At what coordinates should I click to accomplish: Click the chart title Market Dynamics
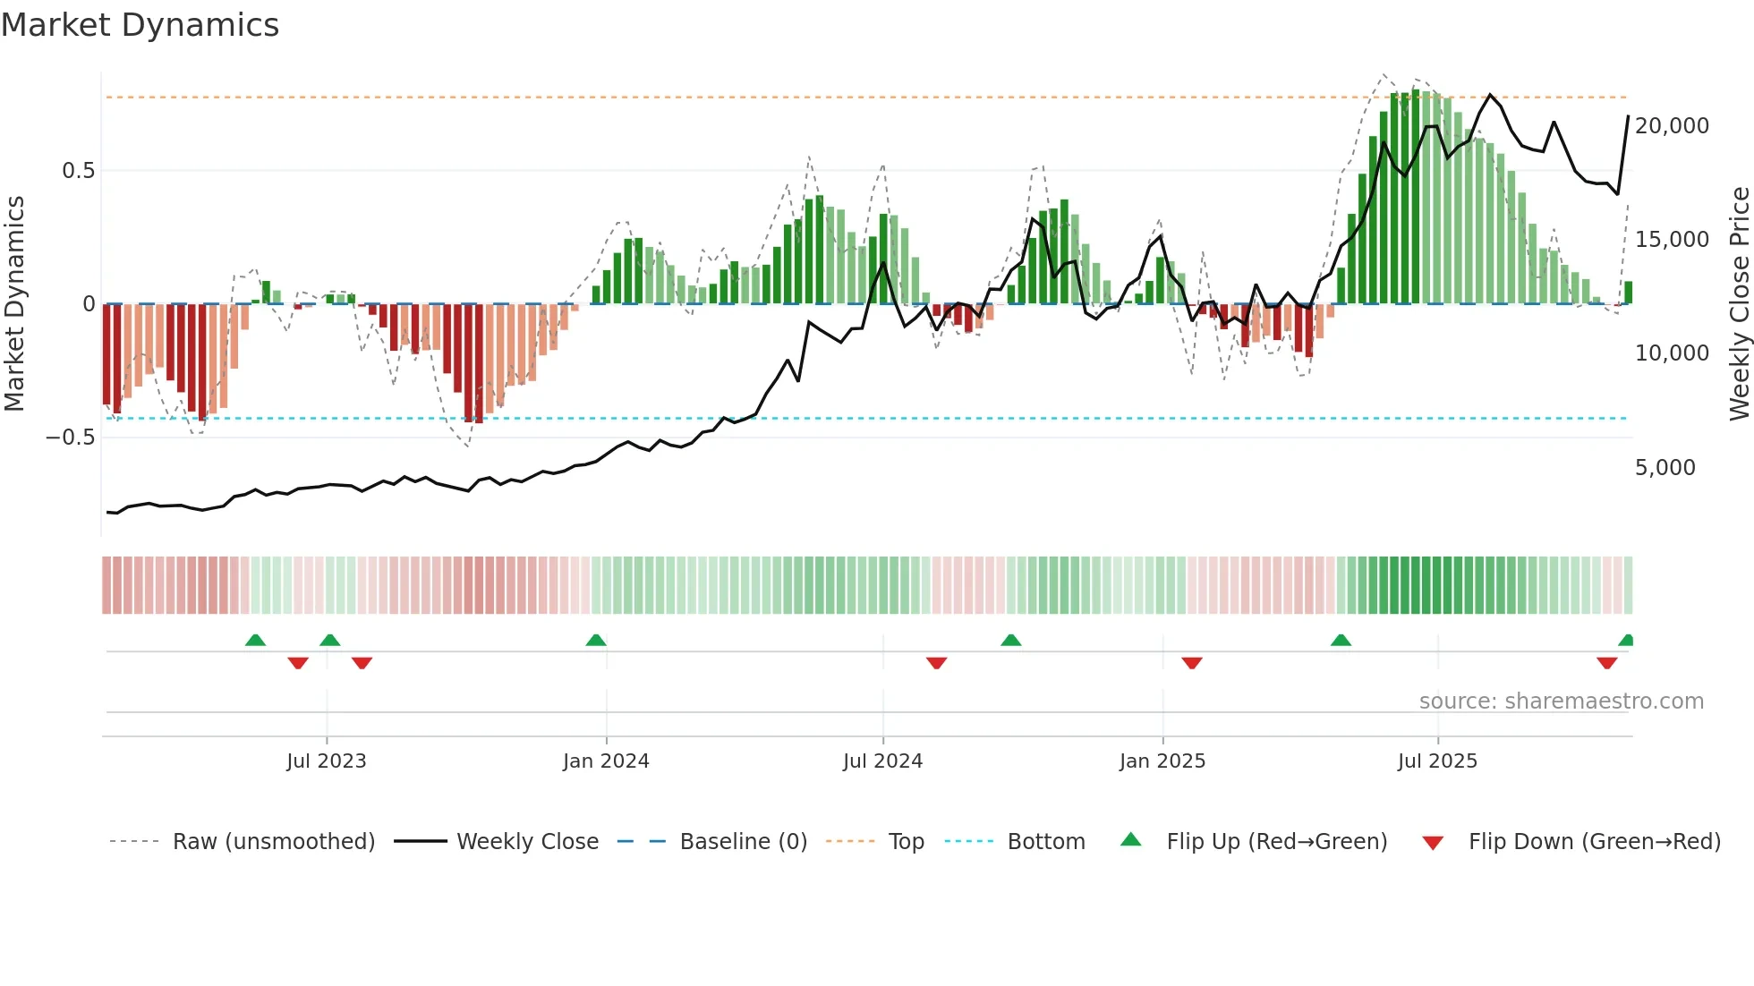pyautogui.click(x=140, y=25)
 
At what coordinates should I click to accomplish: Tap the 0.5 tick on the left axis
pyautogui.click(x=78, y=170)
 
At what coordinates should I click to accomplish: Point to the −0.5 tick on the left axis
pyautogui.click(x=70, y=437)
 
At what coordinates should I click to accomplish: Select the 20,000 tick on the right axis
pyautogui.click(x=1672, y=125)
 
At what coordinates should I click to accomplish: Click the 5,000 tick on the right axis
pyautogui.click(x=1665, y=467)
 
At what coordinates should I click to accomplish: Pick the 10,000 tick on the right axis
pyautogui.click(x=1672, y=353)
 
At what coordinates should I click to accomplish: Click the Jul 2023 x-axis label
pyautogui.click(x=326, y=761)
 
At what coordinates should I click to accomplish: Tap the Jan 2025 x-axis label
pyautogui.click(x=1162, y=761)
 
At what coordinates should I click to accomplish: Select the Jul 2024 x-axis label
pyautogui.click(x=882, y=761)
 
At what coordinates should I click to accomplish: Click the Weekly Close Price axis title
pyautogui.click(x=1739, y=303)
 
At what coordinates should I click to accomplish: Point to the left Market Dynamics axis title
pyautogui.click(x=14, y=303)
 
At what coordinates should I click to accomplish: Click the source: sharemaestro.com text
pyautogui.click(x=1561, y=701)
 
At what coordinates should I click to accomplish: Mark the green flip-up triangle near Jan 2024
pyautogui.click(x=596, y=640)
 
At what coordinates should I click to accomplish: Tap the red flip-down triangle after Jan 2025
pyautogui.click(x=1191, y=663)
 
